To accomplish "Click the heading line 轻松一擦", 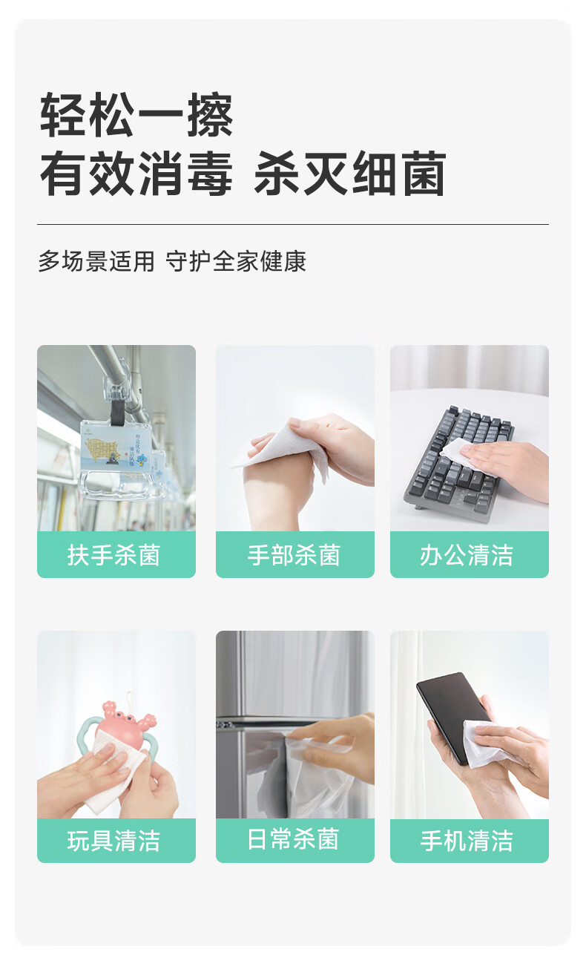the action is [136, 115].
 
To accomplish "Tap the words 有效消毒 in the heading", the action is [135, 174].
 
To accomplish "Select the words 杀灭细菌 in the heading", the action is [350, 174].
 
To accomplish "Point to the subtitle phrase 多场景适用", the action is [96, 261].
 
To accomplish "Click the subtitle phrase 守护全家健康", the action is [236, 261].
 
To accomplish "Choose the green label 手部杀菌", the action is [295, 554].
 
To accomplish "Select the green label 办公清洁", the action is [470, 554].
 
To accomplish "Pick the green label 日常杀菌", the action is [295, 841].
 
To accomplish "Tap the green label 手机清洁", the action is [470, 841].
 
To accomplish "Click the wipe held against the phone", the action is [485, 745].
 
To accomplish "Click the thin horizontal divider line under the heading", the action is [293, 225].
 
